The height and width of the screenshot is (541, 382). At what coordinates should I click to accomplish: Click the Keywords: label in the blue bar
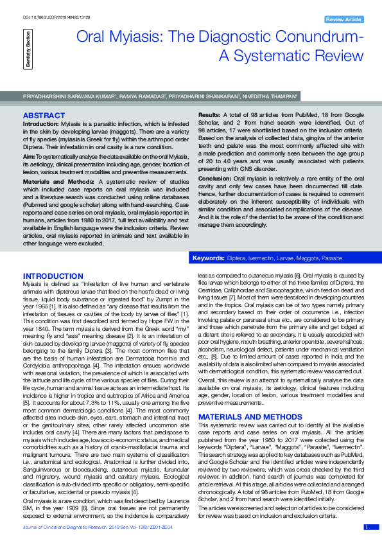click(209, 258)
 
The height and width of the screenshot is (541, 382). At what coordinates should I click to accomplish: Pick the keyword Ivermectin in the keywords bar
click(259, 258)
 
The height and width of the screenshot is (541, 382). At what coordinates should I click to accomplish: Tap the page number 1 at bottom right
click(366, 527)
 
